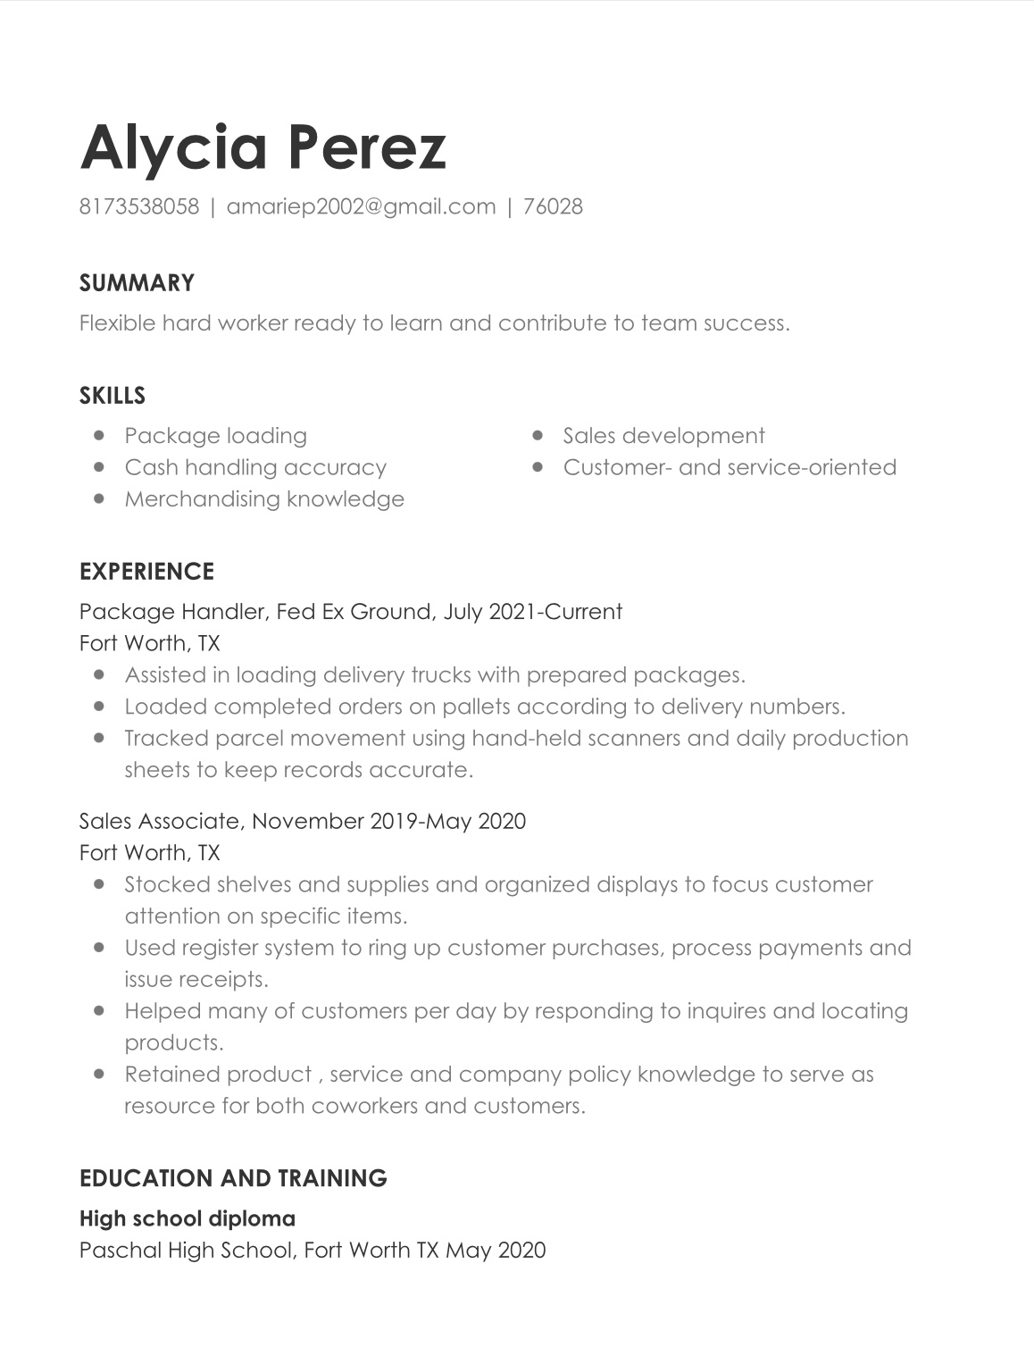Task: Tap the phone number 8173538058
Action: [x=139, y=206]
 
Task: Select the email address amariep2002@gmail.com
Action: [x=361, y=206]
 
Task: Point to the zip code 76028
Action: [x=553, y=206]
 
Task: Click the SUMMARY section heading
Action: [x=137, y=283]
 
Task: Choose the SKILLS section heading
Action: [x=113, y=396]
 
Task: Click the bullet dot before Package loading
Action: [x=99, y=435]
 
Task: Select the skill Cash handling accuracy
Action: [x=255, y=467]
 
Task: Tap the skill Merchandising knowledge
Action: [x=264, y=498]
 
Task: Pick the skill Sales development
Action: [x=663, y=436]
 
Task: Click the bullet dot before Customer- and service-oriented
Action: [x=538, y=466]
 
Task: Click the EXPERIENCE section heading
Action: [x=146, y=572]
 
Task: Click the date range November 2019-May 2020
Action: [x=389, y=821]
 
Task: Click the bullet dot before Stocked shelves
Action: [x=99, y=883]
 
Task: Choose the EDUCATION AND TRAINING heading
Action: [x=233, y=1178]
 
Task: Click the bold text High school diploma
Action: [x=188, y=1218]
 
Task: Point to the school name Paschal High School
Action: [x=186, y=1250]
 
